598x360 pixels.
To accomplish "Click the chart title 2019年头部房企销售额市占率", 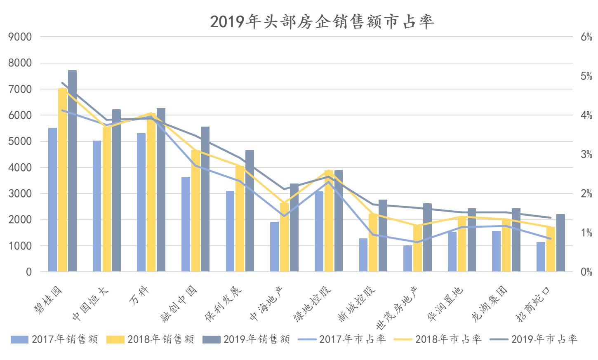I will (322, 21).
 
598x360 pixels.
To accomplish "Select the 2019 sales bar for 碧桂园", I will (72, 171).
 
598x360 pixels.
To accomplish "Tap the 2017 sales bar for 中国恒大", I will (97, 206).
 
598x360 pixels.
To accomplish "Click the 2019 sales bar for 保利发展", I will (250, 211).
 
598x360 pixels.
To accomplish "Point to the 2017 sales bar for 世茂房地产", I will (407, 259).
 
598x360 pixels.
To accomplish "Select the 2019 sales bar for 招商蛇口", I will (560, 243).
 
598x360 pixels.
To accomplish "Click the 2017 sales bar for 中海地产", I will (274, 247).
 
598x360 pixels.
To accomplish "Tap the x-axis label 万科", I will (140, 294).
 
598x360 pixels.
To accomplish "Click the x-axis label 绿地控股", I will (312, 304).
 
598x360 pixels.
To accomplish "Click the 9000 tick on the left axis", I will (20, 37).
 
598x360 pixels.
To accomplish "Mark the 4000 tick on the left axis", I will (20, 168).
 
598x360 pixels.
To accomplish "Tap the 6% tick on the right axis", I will (586, 37).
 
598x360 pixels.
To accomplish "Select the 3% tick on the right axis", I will (586, 155).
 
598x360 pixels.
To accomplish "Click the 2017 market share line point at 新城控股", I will (373, 235).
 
